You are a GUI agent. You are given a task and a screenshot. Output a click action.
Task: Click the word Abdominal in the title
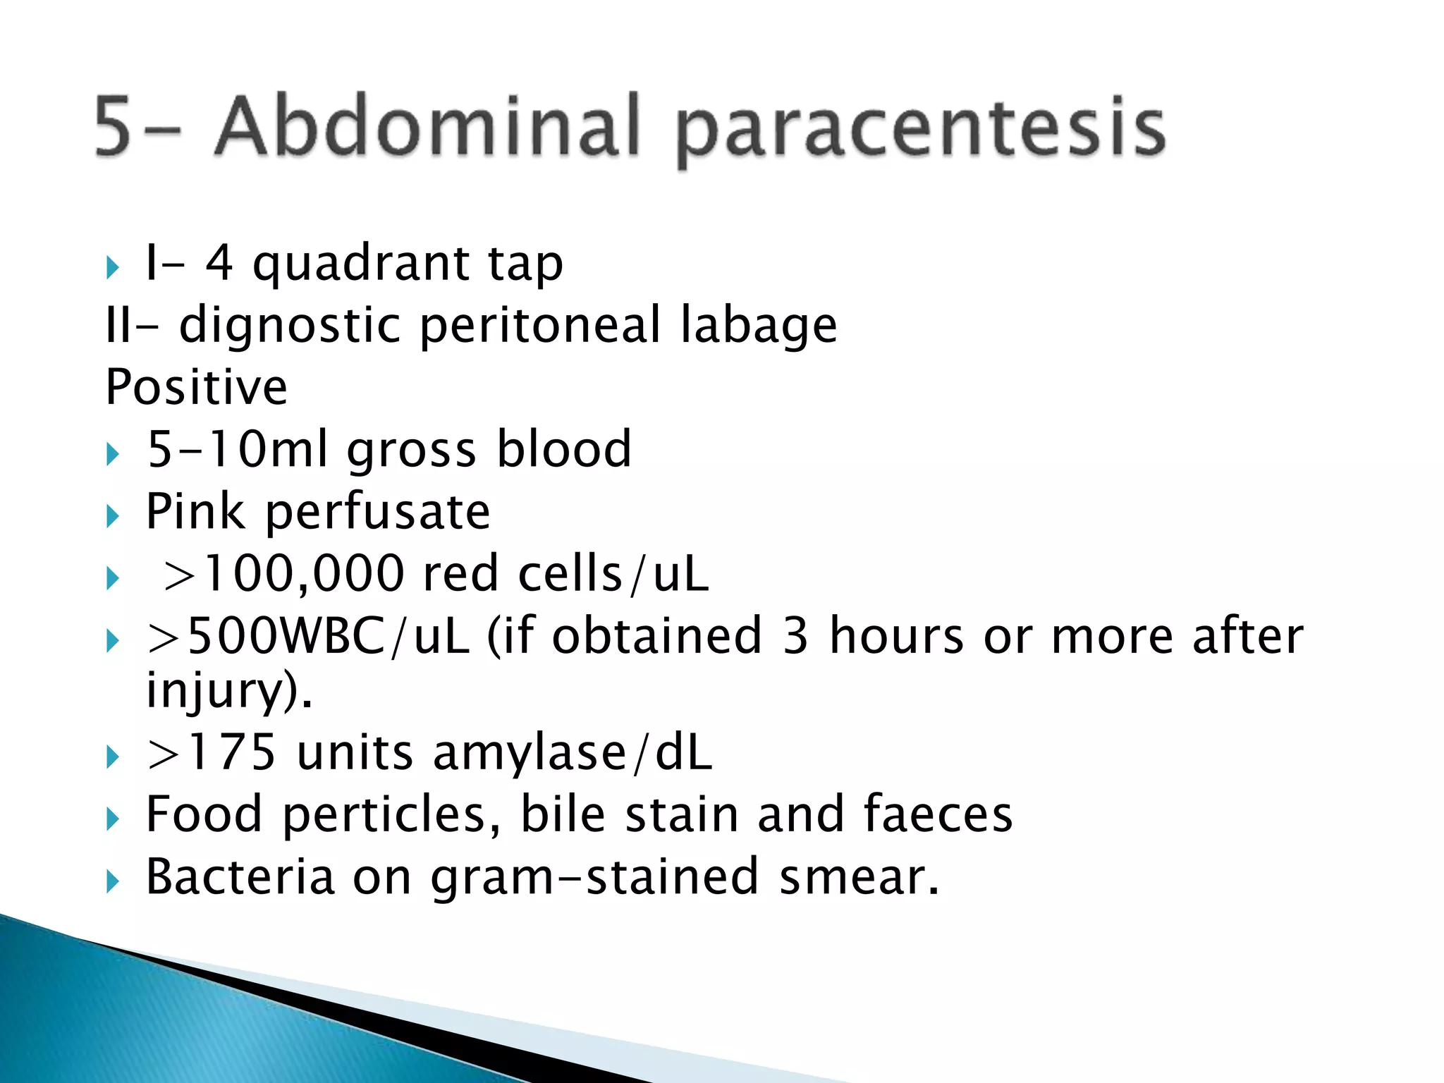click(x=428, y=127)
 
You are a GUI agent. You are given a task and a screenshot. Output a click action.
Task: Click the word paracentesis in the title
click(x=920, y=130)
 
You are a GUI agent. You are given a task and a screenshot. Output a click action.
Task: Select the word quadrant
click(x=361, y=264)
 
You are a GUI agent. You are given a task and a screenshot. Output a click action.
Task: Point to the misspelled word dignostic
click(x=290, y=326)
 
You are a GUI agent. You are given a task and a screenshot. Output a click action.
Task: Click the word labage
click(x=759, y=326)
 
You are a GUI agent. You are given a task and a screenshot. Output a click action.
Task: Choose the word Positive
click(x=196, y=387)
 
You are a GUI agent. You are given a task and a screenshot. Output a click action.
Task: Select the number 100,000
click(x=304, y=573)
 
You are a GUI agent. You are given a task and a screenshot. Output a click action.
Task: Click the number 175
click(x=231, y=752)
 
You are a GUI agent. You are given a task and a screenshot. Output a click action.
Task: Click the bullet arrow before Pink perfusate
click(x=113, y=516)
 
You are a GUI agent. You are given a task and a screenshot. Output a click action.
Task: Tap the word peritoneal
click(x=540, y=326)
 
